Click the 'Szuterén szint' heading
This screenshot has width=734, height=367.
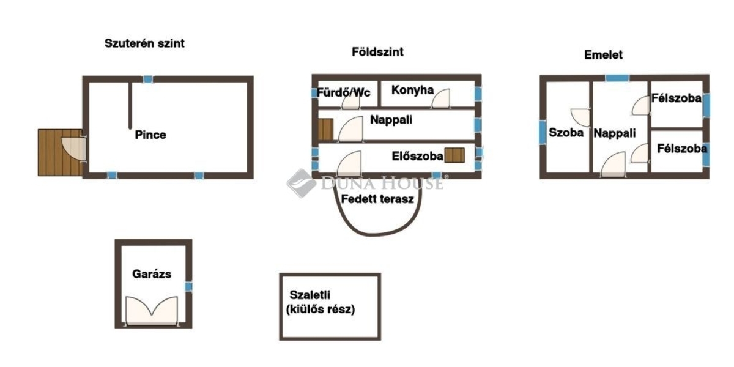point(145,43)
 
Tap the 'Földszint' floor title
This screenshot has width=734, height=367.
point(377,52)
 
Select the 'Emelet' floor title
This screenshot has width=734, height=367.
point(603,55)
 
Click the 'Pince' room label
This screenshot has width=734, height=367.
point(150,135)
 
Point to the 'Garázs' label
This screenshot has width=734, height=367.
point(152,274)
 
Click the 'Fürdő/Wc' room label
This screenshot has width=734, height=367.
point(344,93)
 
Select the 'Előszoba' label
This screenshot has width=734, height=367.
point(417,156)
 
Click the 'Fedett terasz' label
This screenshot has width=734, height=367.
point(378,199)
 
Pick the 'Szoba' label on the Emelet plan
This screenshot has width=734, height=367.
point(566,133)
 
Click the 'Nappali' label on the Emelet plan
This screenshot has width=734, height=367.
point(615,133)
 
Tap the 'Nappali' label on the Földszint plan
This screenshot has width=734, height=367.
point(391,120)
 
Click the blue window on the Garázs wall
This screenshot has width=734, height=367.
point(189,286)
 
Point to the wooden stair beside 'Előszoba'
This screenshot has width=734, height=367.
point(454,155)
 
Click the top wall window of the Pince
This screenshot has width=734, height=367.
point(147,79)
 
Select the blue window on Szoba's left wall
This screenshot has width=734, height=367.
point(542,132)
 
